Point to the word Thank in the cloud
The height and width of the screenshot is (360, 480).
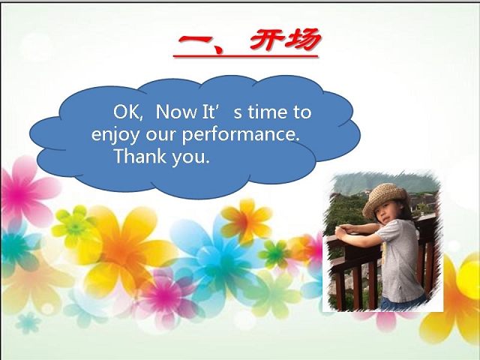click(x=140, y=156)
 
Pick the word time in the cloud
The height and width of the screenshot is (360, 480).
click(x=268, y=112)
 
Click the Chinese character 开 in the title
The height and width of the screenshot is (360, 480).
click(x=265, y=40)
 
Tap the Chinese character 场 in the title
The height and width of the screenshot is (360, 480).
click(x=301, y=40)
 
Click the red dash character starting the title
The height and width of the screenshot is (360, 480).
click(x=195, y=40)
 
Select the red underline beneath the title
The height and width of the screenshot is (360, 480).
click(x=245, y=56)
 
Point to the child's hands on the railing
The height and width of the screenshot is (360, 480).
click(x=342, y=230)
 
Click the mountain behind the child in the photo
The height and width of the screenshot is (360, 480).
click(x=385, y=183)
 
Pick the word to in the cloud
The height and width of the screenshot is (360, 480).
click(x=302, y=112)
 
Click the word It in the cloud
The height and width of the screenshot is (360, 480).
click(x=208, y=112)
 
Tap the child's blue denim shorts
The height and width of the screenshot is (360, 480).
click(x=403, y=303)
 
